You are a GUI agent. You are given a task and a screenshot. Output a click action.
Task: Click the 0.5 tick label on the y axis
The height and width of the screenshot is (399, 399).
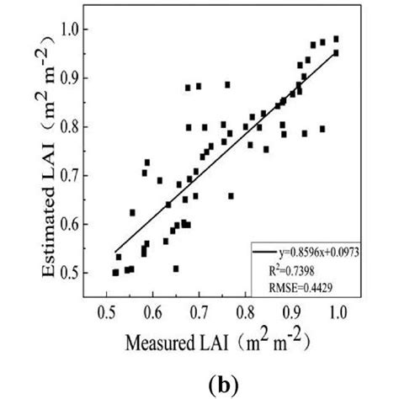point(82,273)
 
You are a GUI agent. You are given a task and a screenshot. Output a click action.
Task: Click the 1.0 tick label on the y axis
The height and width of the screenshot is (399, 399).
point(82,30)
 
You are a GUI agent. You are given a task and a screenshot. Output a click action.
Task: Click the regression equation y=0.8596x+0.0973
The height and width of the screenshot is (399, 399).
point(319,252)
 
